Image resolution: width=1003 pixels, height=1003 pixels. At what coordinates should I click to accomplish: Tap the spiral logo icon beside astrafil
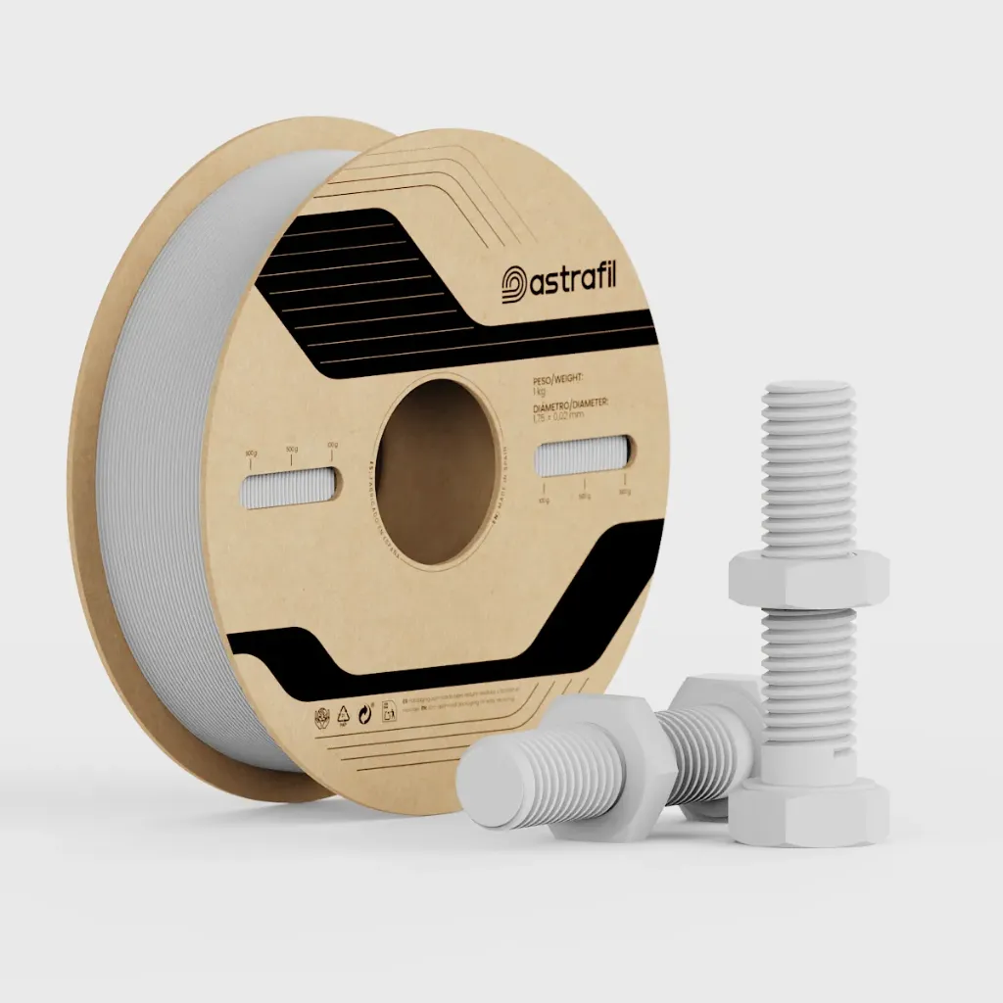(515, 285)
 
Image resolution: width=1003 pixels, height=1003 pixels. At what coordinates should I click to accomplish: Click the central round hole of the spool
(438, 471)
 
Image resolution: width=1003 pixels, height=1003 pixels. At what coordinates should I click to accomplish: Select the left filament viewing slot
(289, 487)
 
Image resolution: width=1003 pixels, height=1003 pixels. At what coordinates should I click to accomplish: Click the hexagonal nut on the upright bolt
(808, 578)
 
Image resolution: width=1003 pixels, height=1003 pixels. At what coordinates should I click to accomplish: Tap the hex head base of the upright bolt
(811, 812)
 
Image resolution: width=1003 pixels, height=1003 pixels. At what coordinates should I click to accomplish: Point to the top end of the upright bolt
(807, 391)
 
